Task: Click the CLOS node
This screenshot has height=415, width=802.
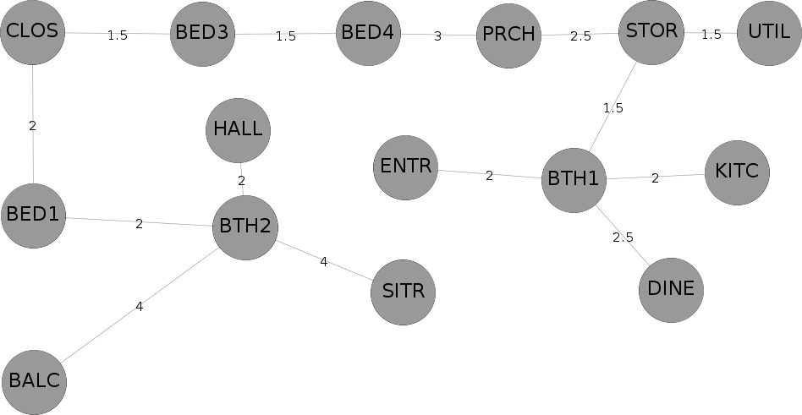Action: click(33, 32)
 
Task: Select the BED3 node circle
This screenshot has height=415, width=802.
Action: click(202, 35)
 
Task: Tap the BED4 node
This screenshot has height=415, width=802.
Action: click(368, 33)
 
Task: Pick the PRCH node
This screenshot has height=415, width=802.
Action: click(508, 35)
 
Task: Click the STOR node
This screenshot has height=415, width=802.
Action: click(651, 32)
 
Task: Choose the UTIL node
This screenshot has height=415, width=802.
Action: click(769, 33)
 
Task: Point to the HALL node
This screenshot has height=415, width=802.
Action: click(239, 130)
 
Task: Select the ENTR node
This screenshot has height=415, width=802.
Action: click(405, 167)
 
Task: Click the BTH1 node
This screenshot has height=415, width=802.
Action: click(574, 180)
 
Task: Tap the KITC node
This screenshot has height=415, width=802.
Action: click(737, 172)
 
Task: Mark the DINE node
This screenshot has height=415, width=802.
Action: click(671, 290)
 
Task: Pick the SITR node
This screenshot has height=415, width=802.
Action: click(403, 292)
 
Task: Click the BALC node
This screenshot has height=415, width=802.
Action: click(35, 382)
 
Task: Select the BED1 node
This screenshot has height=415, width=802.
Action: click(33, 216)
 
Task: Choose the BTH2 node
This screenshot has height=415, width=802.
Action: click(245, 227)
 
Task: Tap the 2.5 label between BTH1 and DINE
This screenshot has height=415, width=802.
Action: click(623, 238)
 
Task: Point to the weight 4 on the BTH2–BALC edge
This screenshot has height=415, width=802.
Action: click(139, 307)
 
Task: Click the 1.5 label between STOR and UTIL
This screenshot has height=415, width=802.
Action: click(711, 35)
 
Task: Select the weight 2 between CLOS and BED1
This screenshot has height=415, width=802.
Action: click(33, 126)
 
